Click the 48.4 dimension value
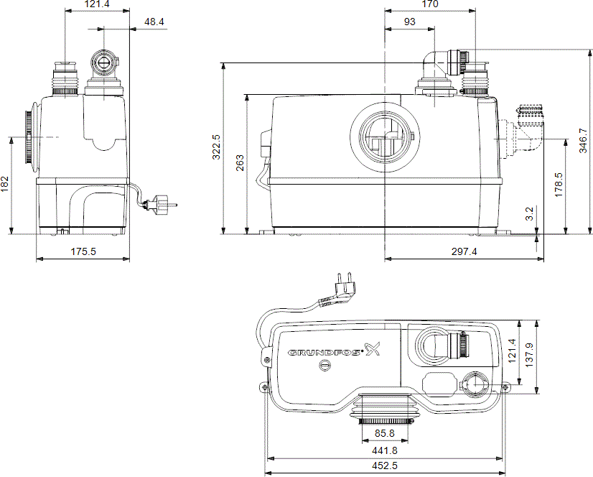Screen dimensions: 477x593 coord(154,22)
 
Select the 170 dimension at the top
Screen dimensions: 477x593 coord(431,4)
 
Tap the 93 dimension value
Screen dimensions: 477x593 coord(409,22)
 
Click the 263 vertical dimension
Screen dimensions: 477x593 coord(238,165)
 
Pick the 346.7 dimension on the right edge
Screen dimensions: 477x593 coord(583,141)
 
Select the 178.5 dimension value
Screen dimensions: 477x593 coord(559,184)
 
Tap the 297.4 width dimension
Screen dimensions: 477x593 coord(464,251)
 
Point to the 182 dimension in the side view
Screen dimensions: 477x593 coord(5,185)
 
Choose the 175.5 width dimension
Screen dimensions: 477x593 coord(83,251)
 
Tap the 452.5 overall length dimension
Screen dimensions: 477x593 coord(386,467)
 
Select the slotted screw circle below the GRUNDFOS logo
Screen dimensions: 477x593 coord(324,365)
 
